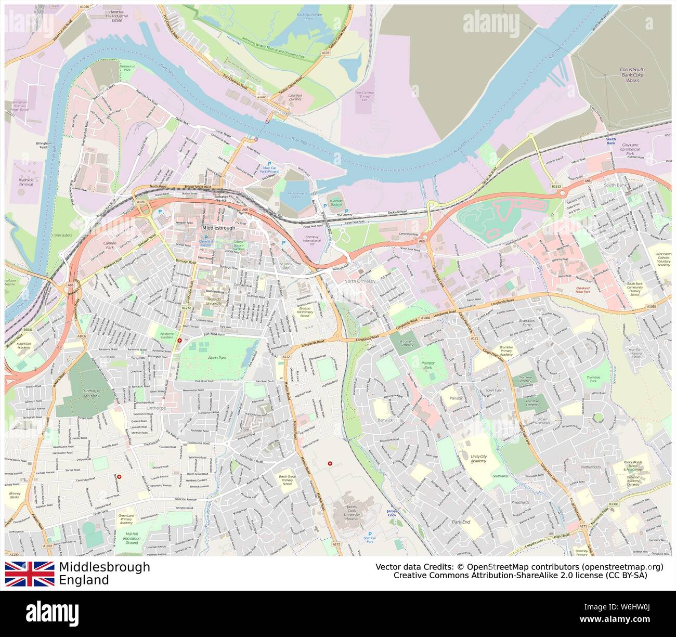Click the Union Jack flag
[x=30, y=574]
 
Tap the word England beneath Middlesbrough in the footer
[x=84, y=580]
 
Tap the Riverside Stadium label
[x=336, y=202]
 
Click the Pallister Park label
[x=427, y=365]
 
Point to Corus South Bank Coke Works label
[x=632, y=75]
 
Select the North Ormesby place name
[x=359, y=281]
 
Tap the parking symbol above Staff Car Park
[x=370, y=534]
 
